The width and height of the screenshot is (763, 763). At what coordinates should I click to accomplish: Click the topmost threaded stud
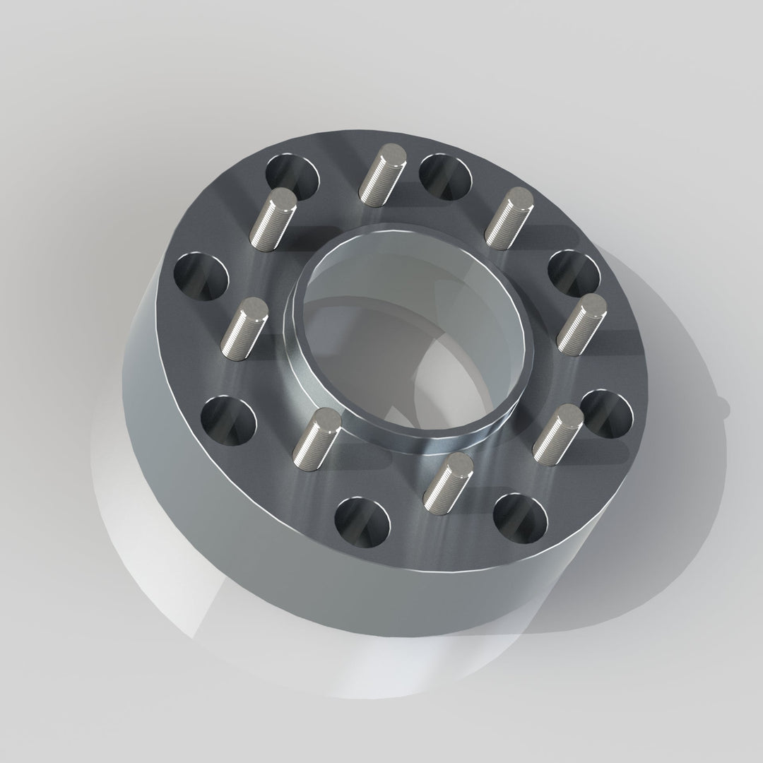[x=382, y=172]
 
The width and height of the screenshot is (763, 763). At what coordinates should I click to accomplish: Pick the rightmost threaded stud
[x=581, y=324]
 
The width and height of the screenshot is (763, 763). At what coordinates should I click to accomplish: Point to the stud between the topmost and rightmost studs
[x=508, y=218]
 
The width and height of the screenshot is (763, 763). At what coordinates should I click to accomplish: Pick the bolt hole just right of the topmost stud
[x=445, y=177]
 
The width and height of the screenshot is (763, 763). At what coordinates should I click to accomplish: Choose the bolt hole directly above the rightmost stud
[x=574, y=273]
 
